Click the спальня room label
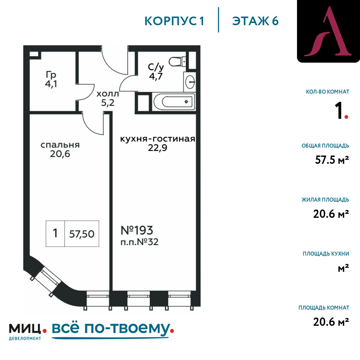60,145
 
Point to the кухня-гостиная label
157,139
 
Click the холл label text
107,94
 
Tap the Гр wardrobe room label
51,75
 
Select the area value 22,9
157,148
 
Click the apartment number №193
136,230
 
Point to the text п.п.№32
139,242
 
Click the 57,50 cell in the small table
82,234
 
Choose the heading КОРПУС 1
175,21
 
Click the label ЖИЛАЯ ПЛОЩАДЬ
325,200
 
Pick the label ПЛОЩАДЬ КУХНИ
326,254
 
